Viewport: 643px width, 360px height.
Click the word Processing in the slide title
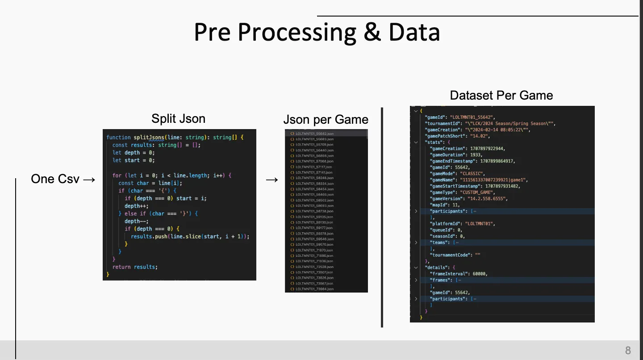pos(297,33)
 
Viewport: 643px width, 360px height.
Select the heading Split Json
pos(179,118)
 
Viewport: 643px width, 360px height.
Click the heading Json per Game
pos(326,120)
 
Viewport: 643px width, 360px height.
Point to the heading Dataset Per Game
pos(501,95)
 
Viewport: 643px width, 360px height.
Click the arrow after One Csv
pos(89,180)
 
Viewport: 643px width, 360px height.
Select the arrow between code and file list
pos(272,180)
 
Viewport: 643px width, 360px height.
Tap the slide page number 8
pos(628,350)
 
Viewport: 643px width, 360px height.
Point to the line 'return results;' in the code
pos(135,267)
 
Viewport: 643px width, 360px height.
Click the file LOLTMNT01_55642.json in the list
pos(314,134)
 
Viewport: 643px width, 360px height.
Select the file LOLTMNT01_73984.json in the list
pos(314,289)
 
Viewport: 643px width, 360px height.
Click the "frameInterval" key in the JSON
pos(449,274)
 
